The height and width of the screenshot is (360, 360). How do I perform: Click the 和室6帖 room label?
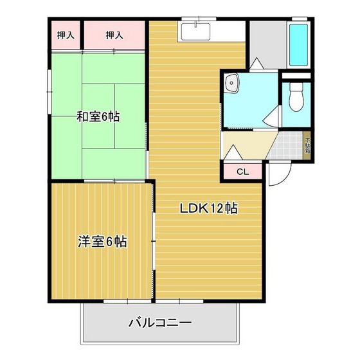coord(98,117)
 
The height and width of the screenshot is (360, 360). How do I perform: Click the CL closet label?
coord(242,172)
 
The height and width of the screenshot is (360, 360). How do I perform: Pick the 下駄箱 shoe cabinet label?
coord(307,146)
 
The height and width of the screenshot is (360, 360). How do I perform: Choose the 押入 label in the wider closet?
coord(114,35)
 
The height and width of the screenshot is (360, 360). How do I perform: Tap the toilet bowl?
coord(297,100)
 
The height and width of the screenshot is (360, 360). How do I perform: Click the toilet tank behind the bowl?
coord(297,84)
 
